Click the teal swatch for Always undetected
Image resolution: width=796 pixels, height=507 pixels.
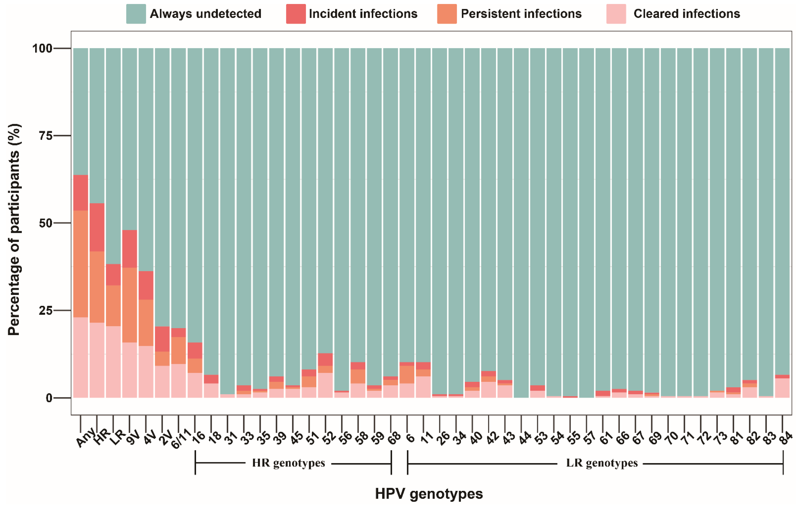tap(136, 14)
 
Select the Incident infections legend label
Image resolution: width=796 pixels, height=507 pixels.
tap(363, 14)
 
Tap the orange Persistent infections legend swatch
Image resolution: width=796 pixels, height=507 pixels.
tap(447, 14)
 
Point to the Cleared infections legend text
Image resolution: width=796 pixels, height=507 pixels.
tap(687, 14)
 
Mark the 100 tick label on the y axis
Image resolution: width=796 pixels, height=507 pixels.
tap(42, 49)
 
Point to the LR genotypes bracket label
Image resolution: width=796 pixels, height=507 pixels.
tap(602, 463)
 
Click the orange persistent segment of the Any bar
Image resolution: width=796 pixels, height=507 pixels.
tap(81, 264)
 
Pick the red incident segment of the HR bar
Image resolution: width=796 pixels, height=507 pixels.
tap(97, 227)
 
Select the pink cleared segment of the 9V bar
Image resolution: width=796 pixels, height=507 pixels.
tap(129, 370)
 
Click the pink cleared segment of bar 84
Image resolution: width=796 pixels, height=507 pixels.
tap(782, 388)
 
